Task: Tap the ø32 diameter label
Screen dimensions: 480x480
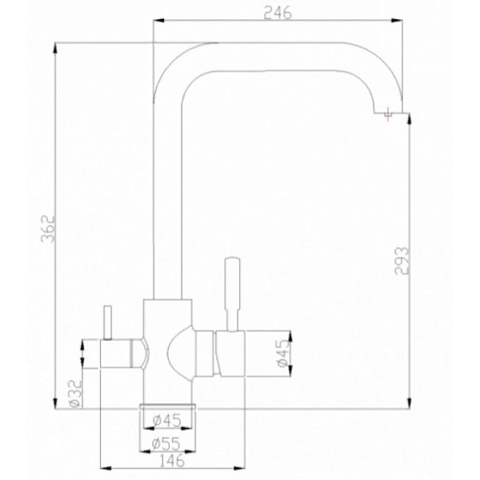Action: (x=73, y=393)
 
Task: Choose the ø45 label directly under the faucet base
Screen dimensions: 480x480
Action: (x=166, y=419)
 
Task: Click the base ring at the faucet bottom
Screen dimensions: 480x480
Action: (x=166, y=400)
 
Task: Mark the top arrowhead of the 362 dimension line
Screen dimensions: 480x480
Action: (x=56, y=46)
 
